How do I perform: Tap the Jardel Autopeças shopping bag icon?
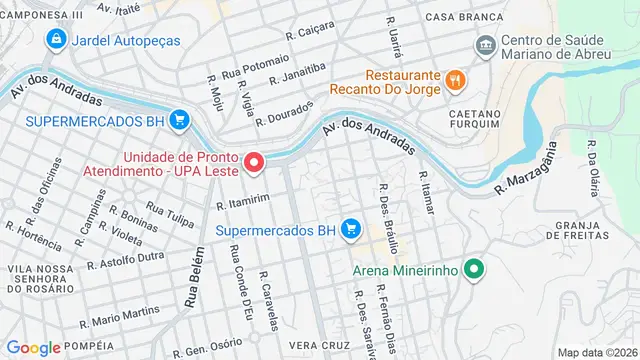click(57, 39)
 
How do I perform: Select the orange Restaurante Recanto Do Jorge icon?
click(453, 78)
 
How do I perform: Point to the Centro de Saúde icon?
click(486, 45)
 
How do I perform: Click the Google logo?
click(34, 347)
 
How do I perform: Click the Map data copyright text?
click(597, 352)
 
